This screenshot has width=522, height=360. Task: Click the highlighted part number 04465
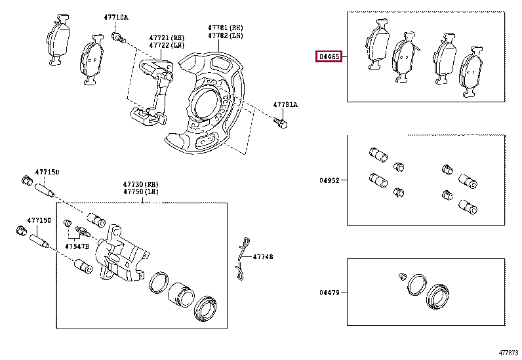click(329, 57)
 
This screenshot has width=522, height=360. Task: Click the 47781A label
click(285, 105)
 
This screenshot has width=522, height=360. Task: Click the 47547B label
click(76, 247)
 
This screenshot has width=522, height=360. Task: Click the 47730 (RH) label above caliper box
click(141, 184)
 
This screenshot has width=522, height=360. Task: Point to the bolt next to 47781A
click(281, 123)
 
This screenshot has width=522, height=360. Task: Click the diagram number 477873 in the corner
click(507, 353)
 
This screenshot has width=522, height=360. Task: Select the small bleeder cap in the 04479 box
click(403, 275)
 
